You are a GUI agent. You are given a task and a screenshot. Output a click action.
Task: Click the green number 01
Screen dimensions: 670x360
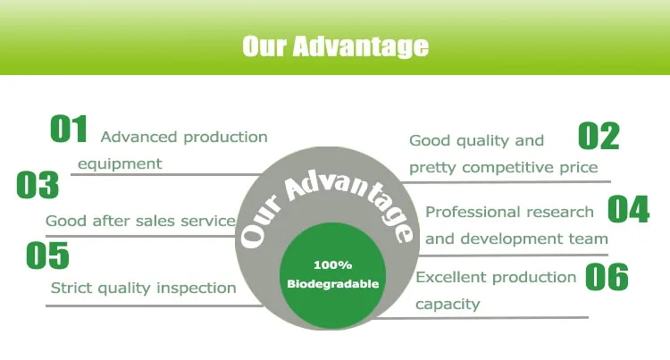tap(69, 129)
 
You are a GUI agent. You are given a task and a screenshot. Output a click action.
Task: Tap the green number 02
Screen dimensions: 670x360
tap(599, 136)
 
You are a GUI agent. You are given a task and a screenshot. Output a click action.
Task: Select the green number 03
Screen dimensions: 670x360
tap(38, 185)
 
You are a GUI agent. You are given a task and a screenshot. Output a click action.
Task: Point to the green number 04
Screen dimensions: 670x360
tap(629, 209)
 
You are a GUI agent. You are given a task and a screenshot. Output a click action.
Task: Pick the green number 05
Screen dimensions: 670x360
tap(47, 255)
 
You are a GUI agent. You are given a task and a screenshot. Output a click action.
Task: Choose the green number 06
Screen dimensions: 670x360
tap(607, 277)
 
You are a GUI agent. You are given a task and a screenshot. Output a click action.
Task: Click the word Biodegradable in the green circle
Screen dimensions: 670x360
tap(333, 284)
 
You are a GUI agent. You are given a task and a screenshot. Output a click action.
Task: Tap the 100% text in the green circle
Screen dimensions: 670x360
tap(333, 265)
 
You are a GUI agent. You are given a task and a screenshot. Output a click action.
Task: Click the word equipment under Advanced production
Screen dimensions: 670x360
tap(120, 164)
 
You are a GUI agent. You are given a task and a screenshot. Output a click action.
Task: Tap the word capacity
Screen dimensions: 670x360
tap(448, 305)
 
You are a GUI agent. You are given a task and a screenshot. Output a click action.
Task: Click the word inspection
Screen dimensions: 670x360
tap(197, 289)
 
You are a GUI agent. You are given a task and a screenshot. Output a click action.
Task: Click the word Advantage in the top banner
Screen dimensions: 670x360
tap(360, 46)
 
